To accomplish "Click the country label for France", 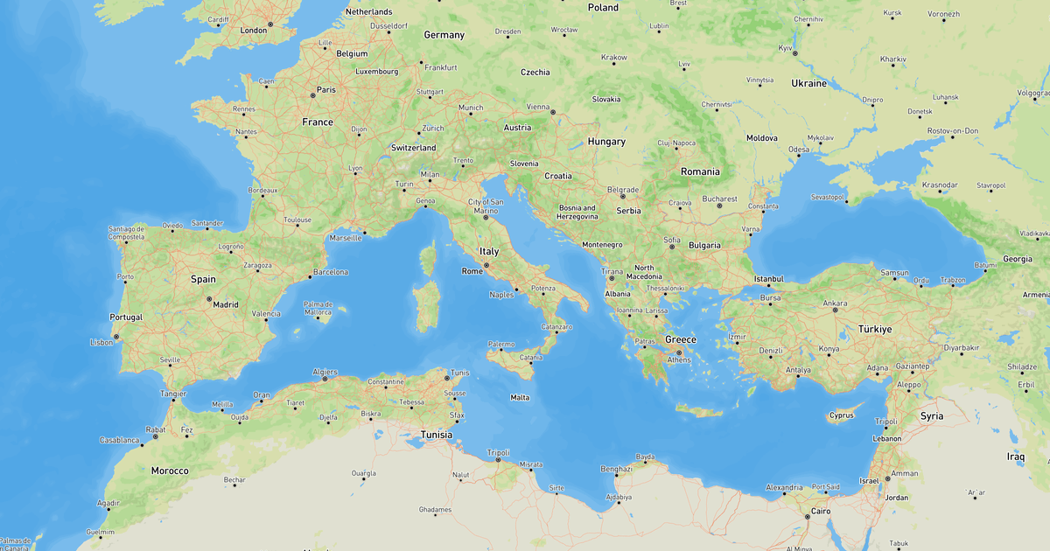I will (x=318, y=122).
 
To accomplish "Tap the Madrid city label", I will (x=225, y=305).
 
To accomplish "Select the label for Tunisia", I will (x=437, y=435).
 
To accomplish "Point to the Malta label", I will (x=520, y=397).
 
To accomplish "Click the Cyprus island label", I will (x=841, y=415).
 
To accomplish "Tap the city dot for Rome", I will (x=486, y=264).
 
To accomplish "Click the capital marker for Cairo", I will (x=808, y=516).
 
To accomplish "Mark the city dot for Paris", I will (x=312, y=95).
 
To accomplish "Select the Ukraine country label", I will (x=808, y=83).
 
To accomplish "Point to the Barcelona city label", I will (x=331, y=272).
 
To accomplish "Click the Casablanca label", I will (x=119, y=440).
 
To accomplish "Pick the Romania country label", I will (x=700, y=171).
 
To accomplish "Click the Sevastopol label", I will (x=827, y=197).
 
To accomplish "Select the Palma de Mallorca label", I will (x=318, y=308).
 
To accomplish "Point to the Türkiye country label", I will (x=873, y=329).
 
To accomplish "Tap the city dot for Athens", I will (x=678, y=352).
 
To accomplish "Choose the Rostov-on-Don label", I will (x=953, y=130).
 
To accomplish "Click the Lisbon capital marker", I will (x=115, y=337).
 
